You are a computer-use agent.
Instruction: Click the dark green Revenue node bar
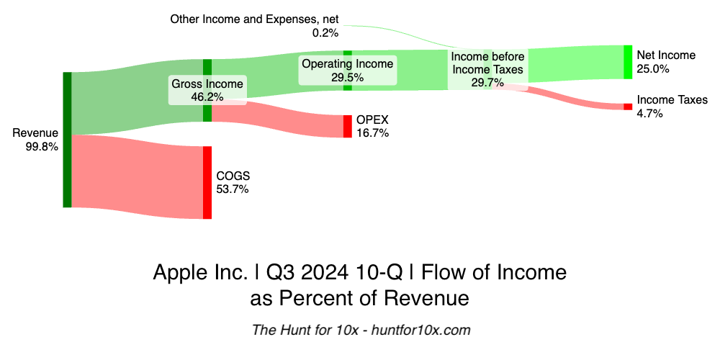point(67,140)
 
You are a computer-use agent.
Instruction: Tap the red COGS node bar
point(207,182)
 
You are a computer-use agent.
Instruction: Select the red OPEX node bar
point(348,126)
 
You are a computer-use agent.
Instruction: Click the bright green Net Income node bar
point(628,62)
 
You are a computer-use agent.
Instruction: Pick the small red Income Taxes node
point(628,107)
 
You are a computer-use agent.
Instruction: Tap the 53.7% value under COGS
point(232,189)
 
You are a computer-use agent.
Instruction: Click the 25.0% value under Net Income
point(653,69)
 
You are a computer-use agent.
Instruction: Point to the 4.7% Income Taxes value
point(650,114)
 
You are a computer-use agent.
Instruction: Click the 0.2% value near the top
point(325,32)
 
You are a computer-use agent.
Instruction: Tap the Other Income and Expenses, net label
point(254,19)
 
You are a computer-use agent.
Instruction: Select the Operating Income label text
point(347,63)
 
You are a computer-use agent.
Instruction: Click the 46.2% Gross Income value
point(207,97)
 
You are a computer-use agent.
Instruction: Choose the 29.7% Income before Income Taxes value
point(487,83)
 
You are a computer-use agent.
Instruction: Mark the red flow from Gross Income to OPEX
point(281,115)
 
